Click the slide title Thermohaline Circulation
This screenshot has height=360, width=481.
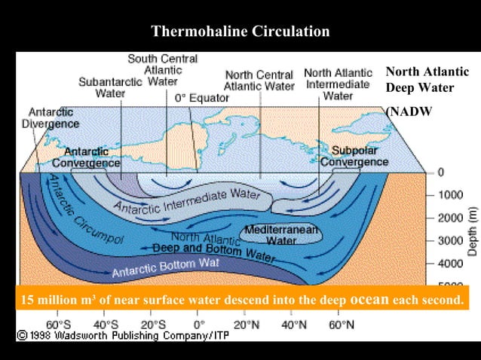pyautogui.click(x=240, y=32)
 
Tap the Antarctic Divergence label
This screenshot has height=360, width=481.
pyautogui.click(x=50, y=117)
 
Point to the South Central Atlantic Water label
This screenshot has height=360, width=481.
pyautogui.click(x=162, y=69)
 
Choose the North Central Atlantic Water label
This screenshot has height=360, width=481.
pyautogui.click(x=260, y=81)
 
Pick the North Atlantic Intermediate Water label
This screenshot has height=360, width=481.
pyautogui.click(x=337, y=84)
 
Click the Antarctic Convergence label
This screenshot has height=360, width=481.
pyautogui.click(x=86, y=157)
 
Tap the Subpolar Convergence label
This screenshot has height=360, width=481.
pyautogui.click(x=354, y=156)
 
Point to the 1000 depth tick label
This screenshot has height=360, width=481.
pyautogui.click(x=451, y=194)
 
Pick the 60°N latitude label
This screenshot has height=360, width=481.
pyautogui.click(x=340, y=325)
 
